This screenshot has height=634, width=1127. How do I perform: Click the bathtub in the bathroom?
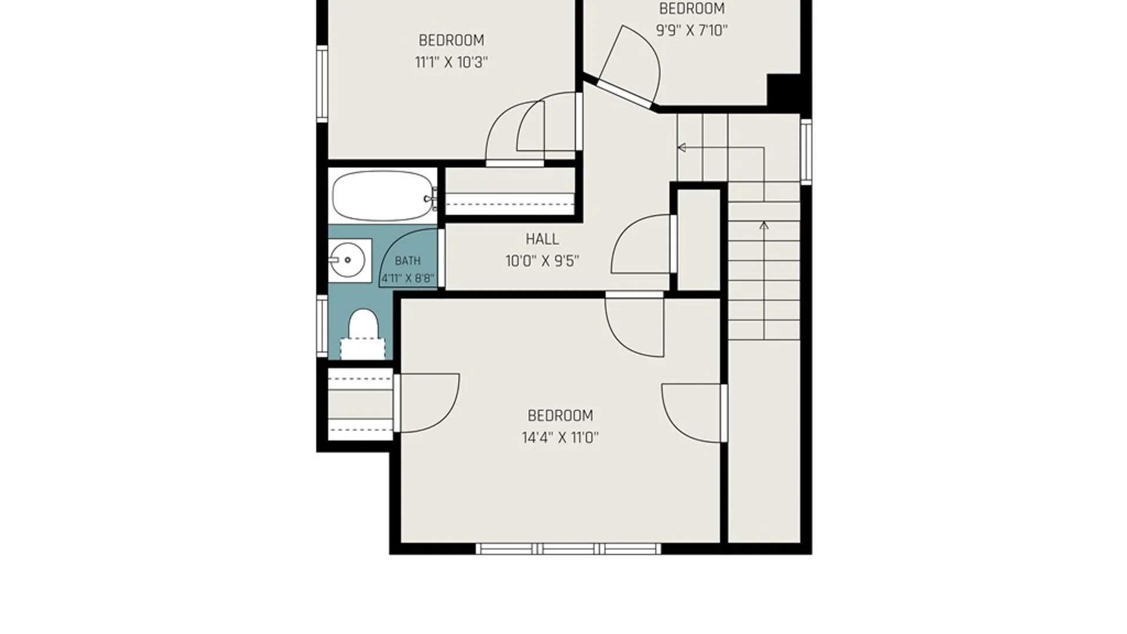(383, 195)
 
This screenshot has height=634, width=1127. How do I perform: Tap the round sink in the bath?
(347, 260)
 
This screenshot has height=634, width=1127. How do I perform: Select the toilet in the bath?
(363, 333)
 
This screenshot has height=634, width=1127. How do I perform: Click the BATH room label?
(407, 261)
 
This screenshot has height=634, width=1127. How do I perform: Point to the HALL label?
(542, 239)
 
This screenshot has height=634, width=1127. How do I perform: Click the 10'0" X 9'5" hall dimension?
(542, 261)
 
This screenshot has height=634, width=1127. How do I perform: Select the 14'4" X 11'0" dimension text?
(560, 437)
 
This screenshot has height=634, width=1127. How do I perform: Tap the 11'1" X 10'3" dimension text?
(451, 62)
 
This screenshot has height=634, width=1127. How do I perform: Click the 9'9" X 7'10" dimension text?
(691, 31)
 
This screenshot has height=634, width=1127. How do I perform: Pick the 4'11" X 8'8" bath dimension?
(408, 278)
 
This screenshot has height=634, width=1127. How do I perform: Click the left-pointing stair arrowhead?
(681, 147)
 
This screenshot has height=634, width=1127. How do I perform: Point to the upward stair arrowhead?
(764, 225)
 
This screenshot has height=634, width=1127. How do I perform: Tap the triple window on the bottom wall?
(568, 549)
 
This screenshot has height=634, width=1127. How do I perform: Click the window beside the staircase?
(807, 151)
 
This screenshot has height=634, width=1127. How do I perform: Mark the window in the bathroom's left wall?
(322, 326)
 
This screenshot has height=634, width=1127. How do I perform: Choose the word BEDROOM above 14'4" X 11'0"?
(560, 416)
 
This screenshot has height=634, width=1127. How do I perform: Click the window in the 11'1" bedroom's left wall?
(322, 84)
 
